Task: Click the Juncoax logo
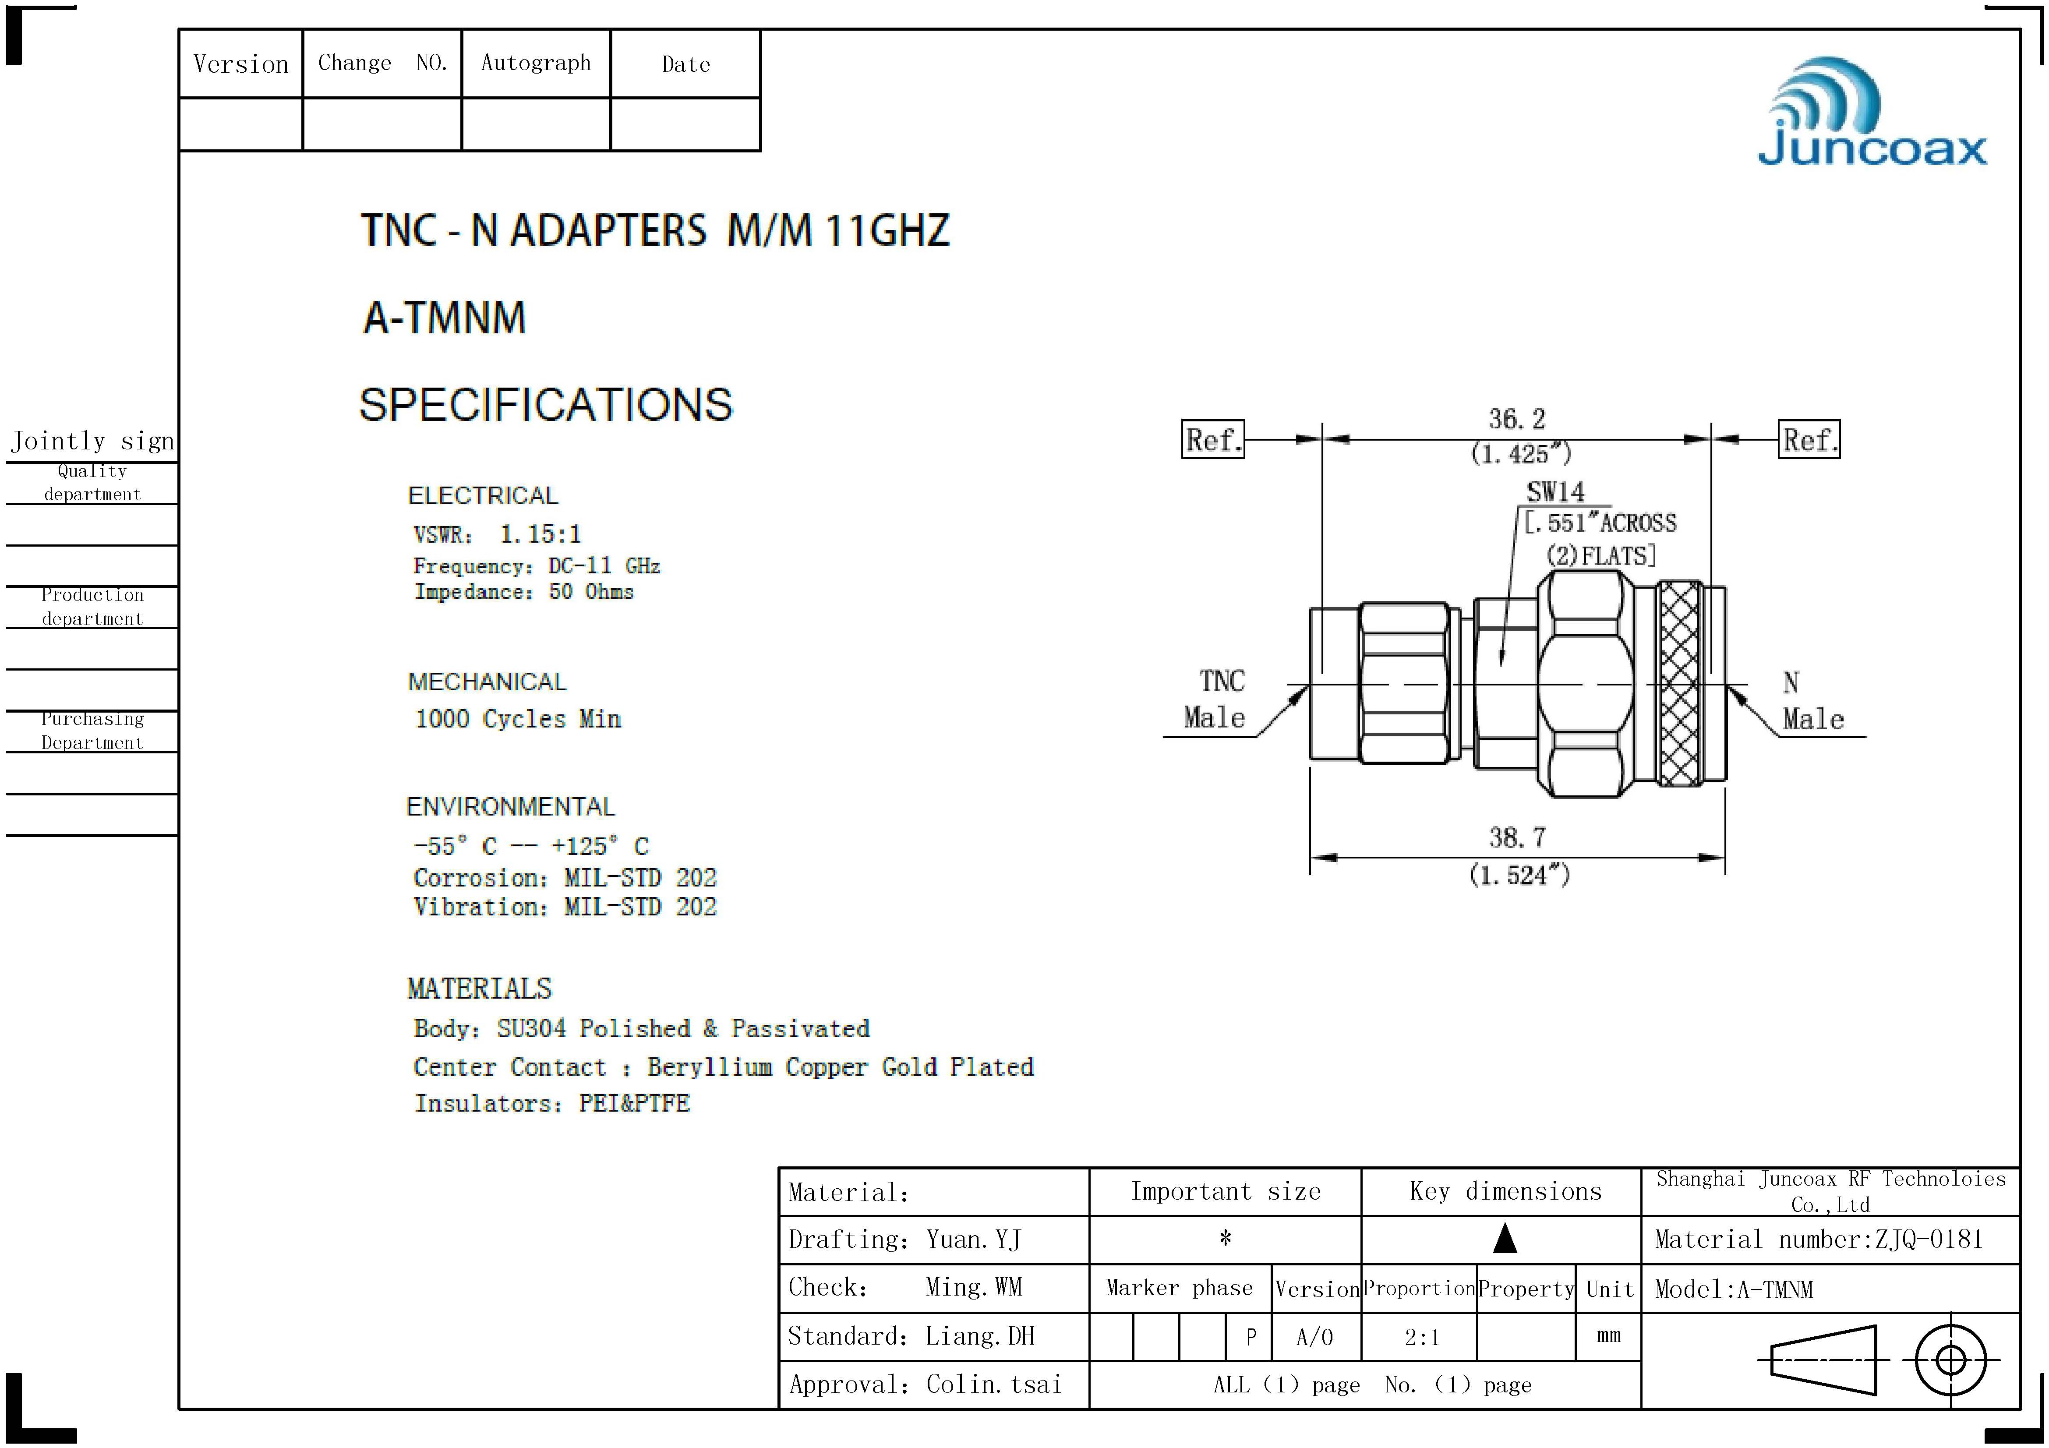[x=1872, y=113]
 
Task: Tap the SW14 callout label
[x=1555, y=491]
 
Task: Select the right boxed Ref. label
[x=1809, y=439]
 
